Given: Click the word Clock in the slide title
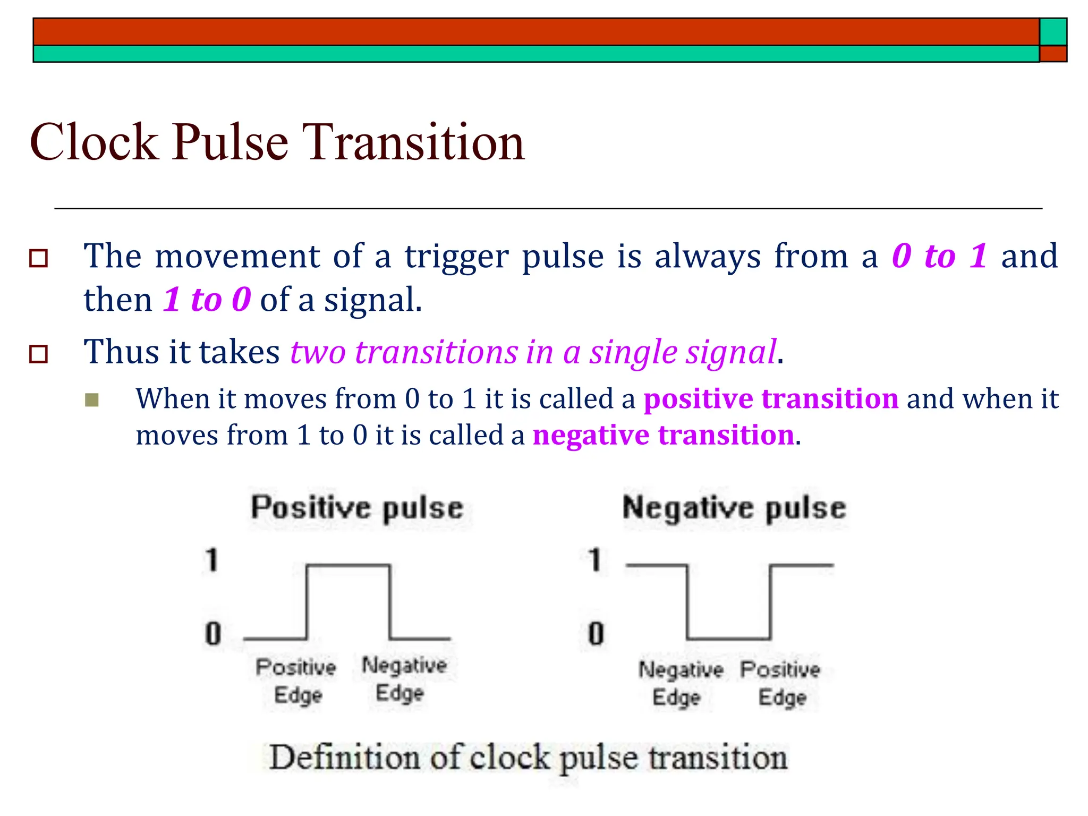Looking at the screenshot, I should tap(94, 142).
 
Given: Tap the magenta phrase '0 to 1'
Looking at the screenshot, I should tap(939, 256).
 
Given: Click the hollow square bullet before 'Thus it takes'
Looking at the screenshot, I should tap(38, 354).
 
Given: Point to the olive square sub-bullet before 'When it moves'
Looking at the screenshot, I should tap(92, 400).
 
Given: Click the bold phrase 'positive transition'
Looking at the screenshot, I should tap(771, 398).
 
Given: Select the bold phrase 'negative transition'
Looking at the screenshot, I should tap(664, 435).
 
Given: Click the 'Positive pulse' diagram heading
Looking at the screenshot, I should tap(357, 507).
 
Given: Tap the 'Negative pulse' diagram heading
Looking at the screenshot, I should tap(734, 507).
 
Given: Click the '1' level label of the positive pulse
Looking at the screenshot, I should tap(212, 560).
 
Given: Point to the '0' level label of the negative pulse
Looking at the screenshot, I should tap(596, 634).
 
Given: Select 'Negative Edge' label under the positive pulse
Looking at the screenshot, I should tap(404, 679).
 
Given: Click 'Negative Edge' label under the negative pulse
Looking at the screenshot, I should tap(680, 683).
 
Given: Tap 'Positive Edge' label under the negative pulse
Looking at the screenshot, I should tap(780, 683).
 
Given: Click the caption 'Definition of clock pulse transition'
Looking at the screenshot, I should tap(528, 758).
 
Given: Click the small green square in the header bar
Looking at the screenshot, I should tap(1053, 32).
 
